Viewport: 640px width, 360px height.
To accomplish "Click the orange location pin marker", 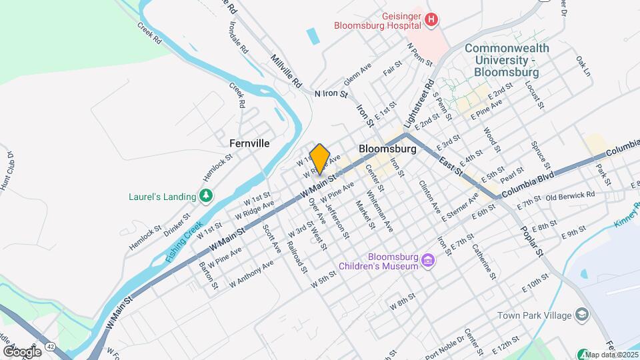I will (320, 159).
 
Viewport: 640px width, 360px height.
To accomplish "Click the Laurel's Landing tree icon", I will (207, 196).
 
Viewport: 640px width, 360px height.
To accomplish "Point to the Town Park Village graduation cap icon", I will (582, 315).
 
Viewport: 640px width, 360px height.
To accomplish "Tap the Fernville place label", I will (249, 143).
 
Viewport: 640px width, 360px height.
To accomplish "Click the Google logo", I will (22, 351).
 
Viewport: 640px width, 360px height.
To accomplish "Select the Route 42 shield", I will (50, 348).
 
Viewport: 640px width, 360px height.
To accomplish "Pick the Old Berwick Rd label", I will (569, 196).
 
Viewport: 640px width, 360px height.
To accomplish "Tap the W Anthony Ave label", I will (252, 273).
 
